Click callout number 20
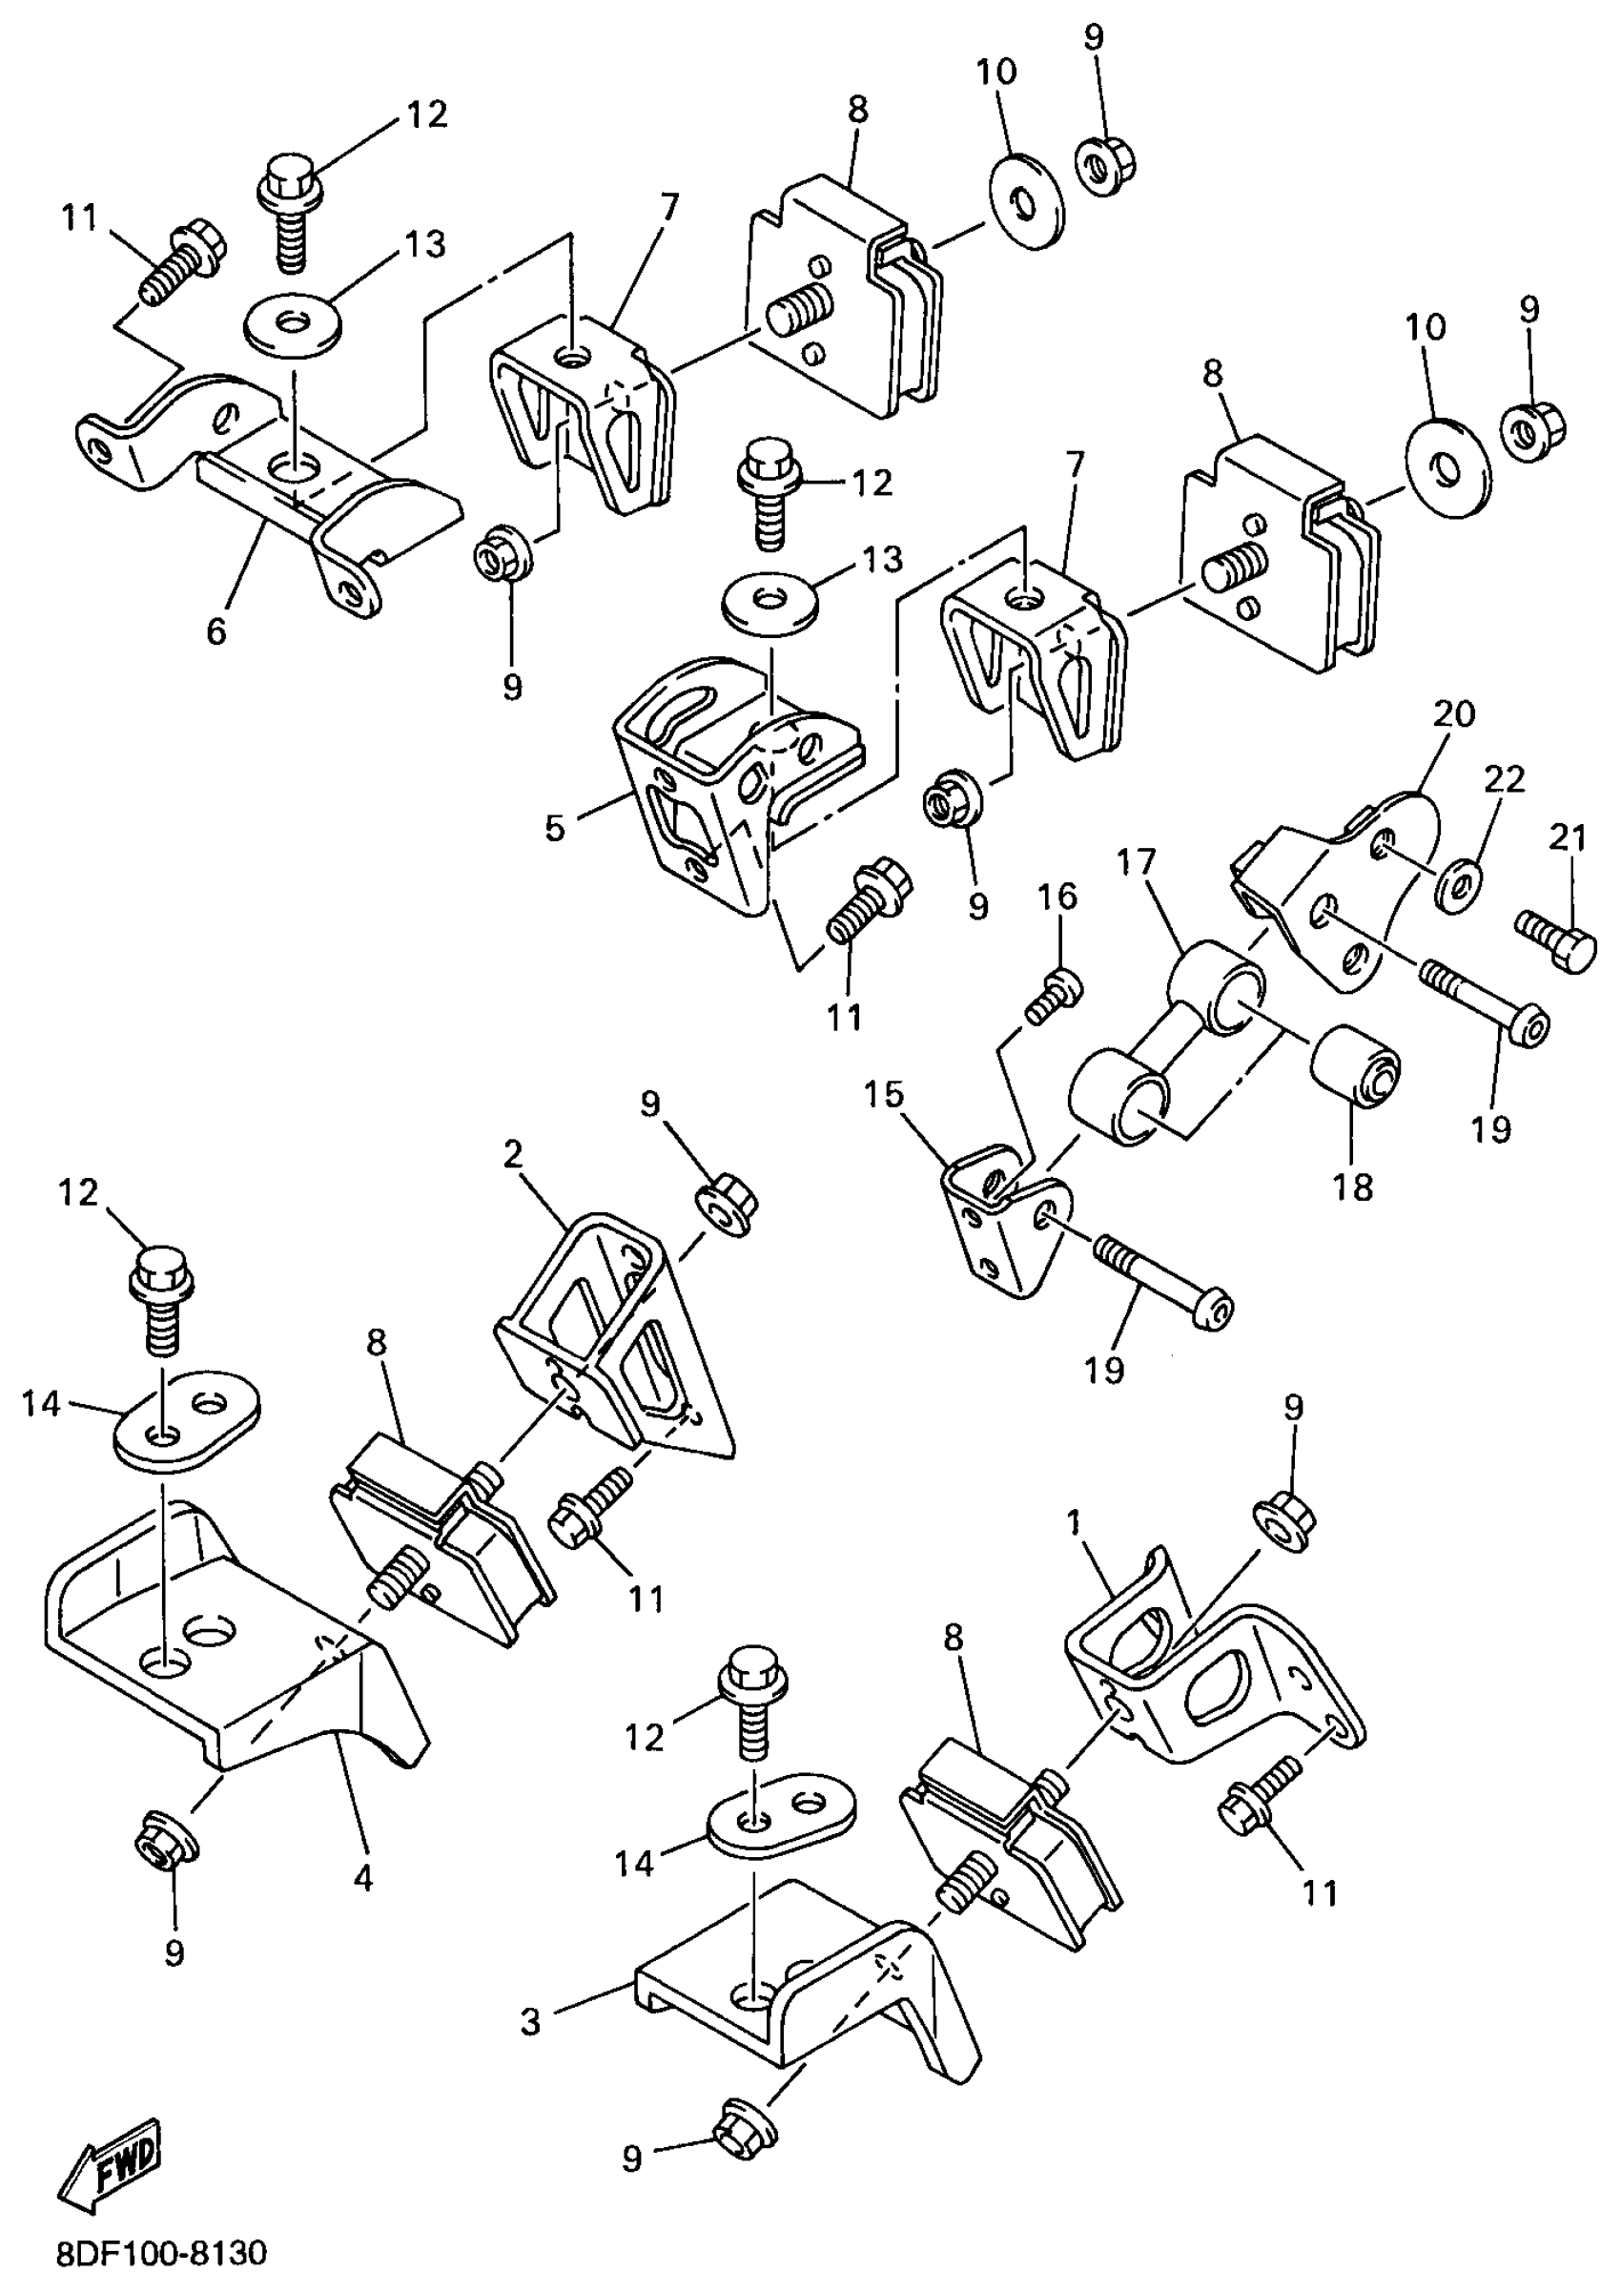1453,713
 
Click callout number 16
1058,898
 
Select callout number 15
884,1095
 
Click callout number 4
363,1878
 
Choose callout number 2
513,1155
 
